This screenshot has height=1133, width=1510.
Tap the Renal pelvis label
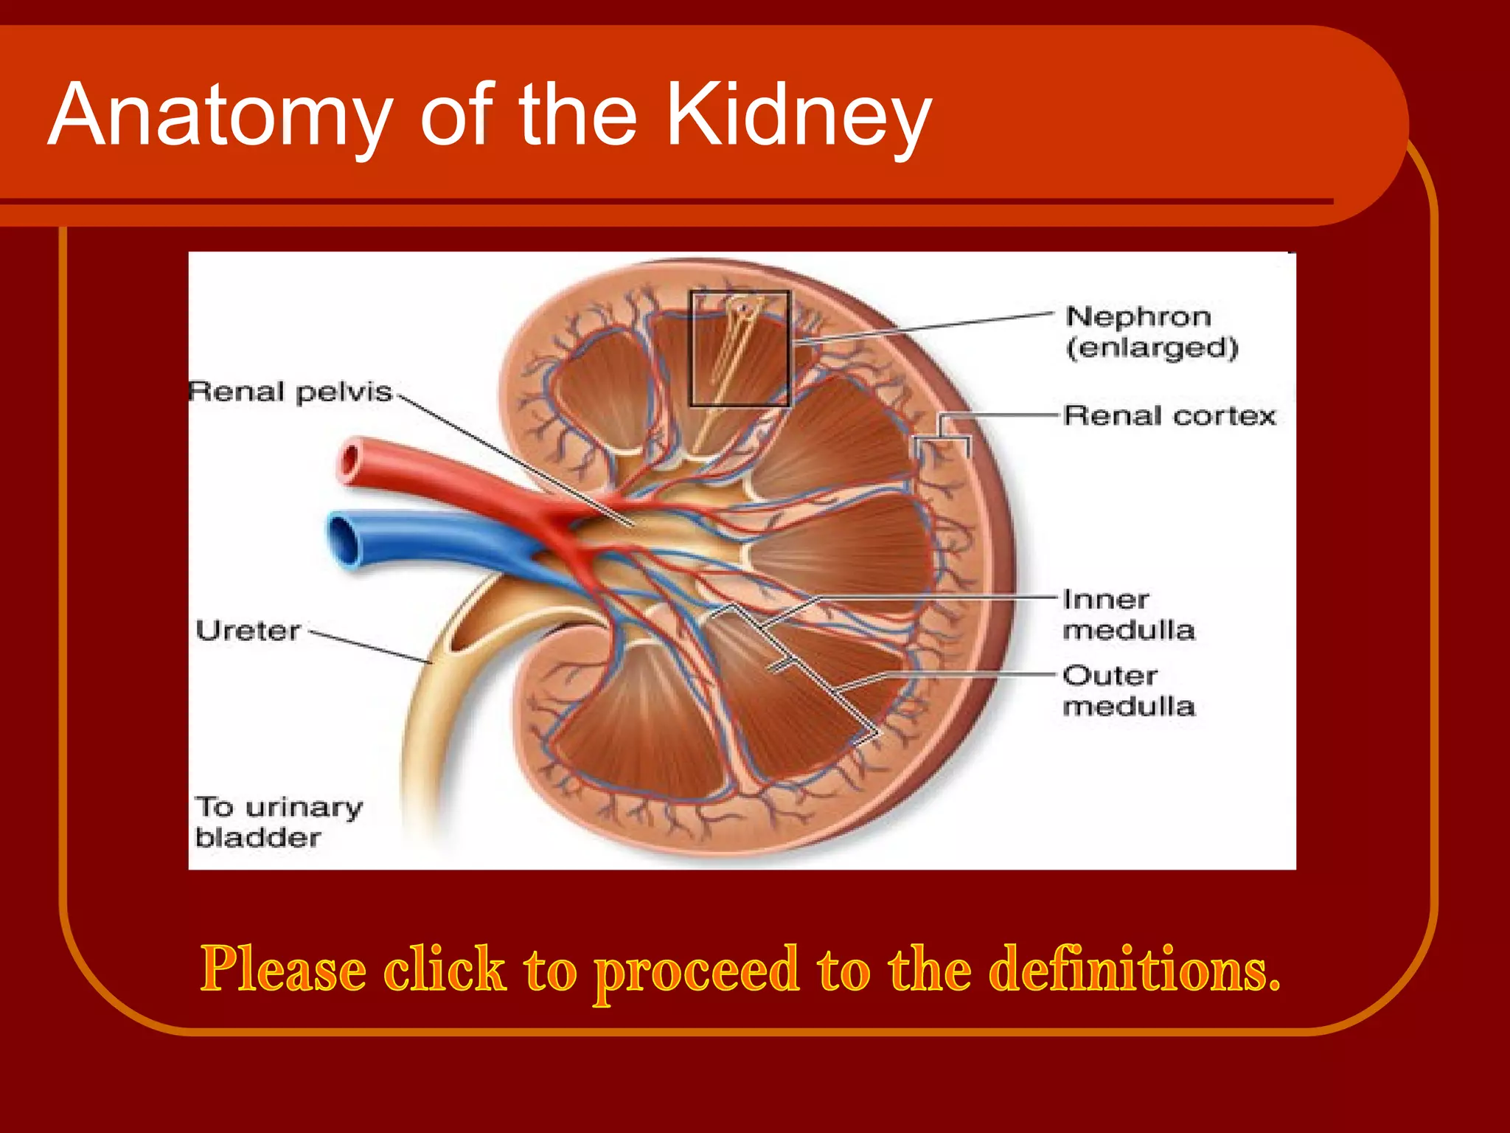[290, 392]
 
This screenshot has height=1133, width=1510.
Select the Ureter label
[248, 631]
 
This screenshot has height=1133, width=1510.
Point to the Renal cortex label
[1169, 416]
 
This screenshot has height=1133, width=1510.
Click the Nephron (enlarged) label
[1151, 332]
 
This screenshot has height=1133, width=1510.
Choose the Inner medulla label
[1128, 614]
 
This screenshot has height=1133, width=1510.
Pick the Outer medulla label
[1128, 690]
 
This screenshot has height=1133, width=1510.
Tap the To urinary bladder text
[278, 822]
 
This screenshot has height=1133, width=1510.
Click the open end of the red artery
[349, 461]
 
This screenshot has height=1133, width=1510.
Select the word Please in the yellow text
[283, 969]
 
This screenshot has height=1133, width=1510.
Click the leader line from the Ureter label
[369, 647]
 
